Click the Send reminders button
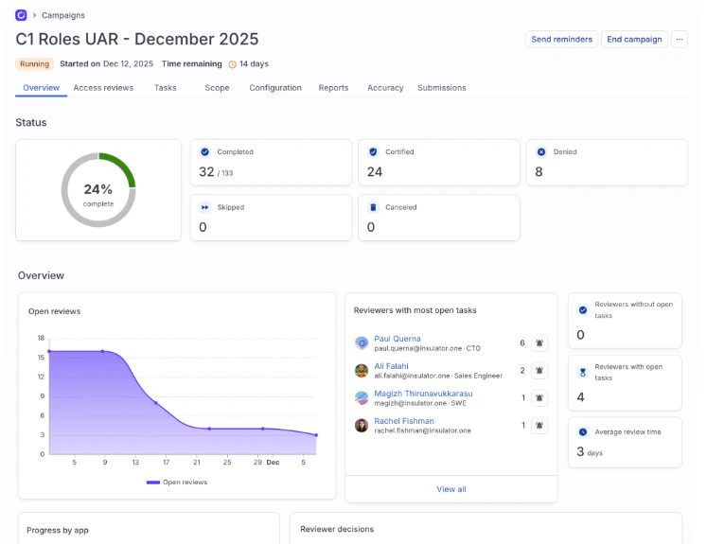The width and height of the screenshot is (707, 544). pyautogui.click(x=561, y=40)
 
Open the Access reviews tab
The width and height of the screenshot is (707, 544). pyautogui.click(x=103, y=88)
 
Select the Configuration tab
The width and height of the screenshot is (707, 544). pyautogui.click(x=275, y=88)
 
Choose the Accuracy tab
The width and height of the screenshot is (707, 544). pyautogui.click(x=385, y=88)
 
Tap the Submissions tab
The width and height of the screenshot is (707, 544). pyautogui.click(x=441, y=88)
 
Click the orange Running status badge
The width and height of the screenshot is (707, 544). pyautogui.click(x=34, y=64)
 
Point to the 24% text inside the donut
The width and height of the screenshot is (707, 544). pyautogui.click(x=97, y=189)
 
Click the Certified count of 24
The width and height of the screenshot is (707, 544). pyautogui.click(x=375, y=171)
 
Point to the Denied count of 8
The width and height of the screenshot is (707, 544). pyautogui.click(x=539, y=171)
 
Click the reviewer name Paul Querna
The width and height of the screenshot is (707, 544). pyautogui.click(x=398, y=339)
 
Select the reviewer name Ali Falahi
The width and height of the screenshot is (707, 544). pyautogui.click(x=391, y=366)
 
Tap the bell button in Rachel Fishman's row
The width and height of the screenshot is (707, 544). pyautogui.click(x=539, y=426)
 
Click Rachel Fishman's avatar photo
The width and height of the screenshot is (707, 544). pyautogui.click(x=362, y=426)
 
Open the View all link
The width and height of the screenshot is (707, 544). pyautogui.click(x=451, y=489)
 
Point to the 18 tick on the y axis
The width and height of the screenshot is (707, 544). pyautogui.click(x=41, y=338)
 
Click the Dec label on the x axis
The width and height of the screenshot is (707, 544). pyautogui.click(x=273, y=463)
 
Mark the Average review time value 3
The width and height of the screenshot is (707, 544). pyautogui.click(x=580, y=451)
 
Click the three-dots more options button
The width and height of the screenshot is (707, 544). pyautogui.click(x=680, y=40)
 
